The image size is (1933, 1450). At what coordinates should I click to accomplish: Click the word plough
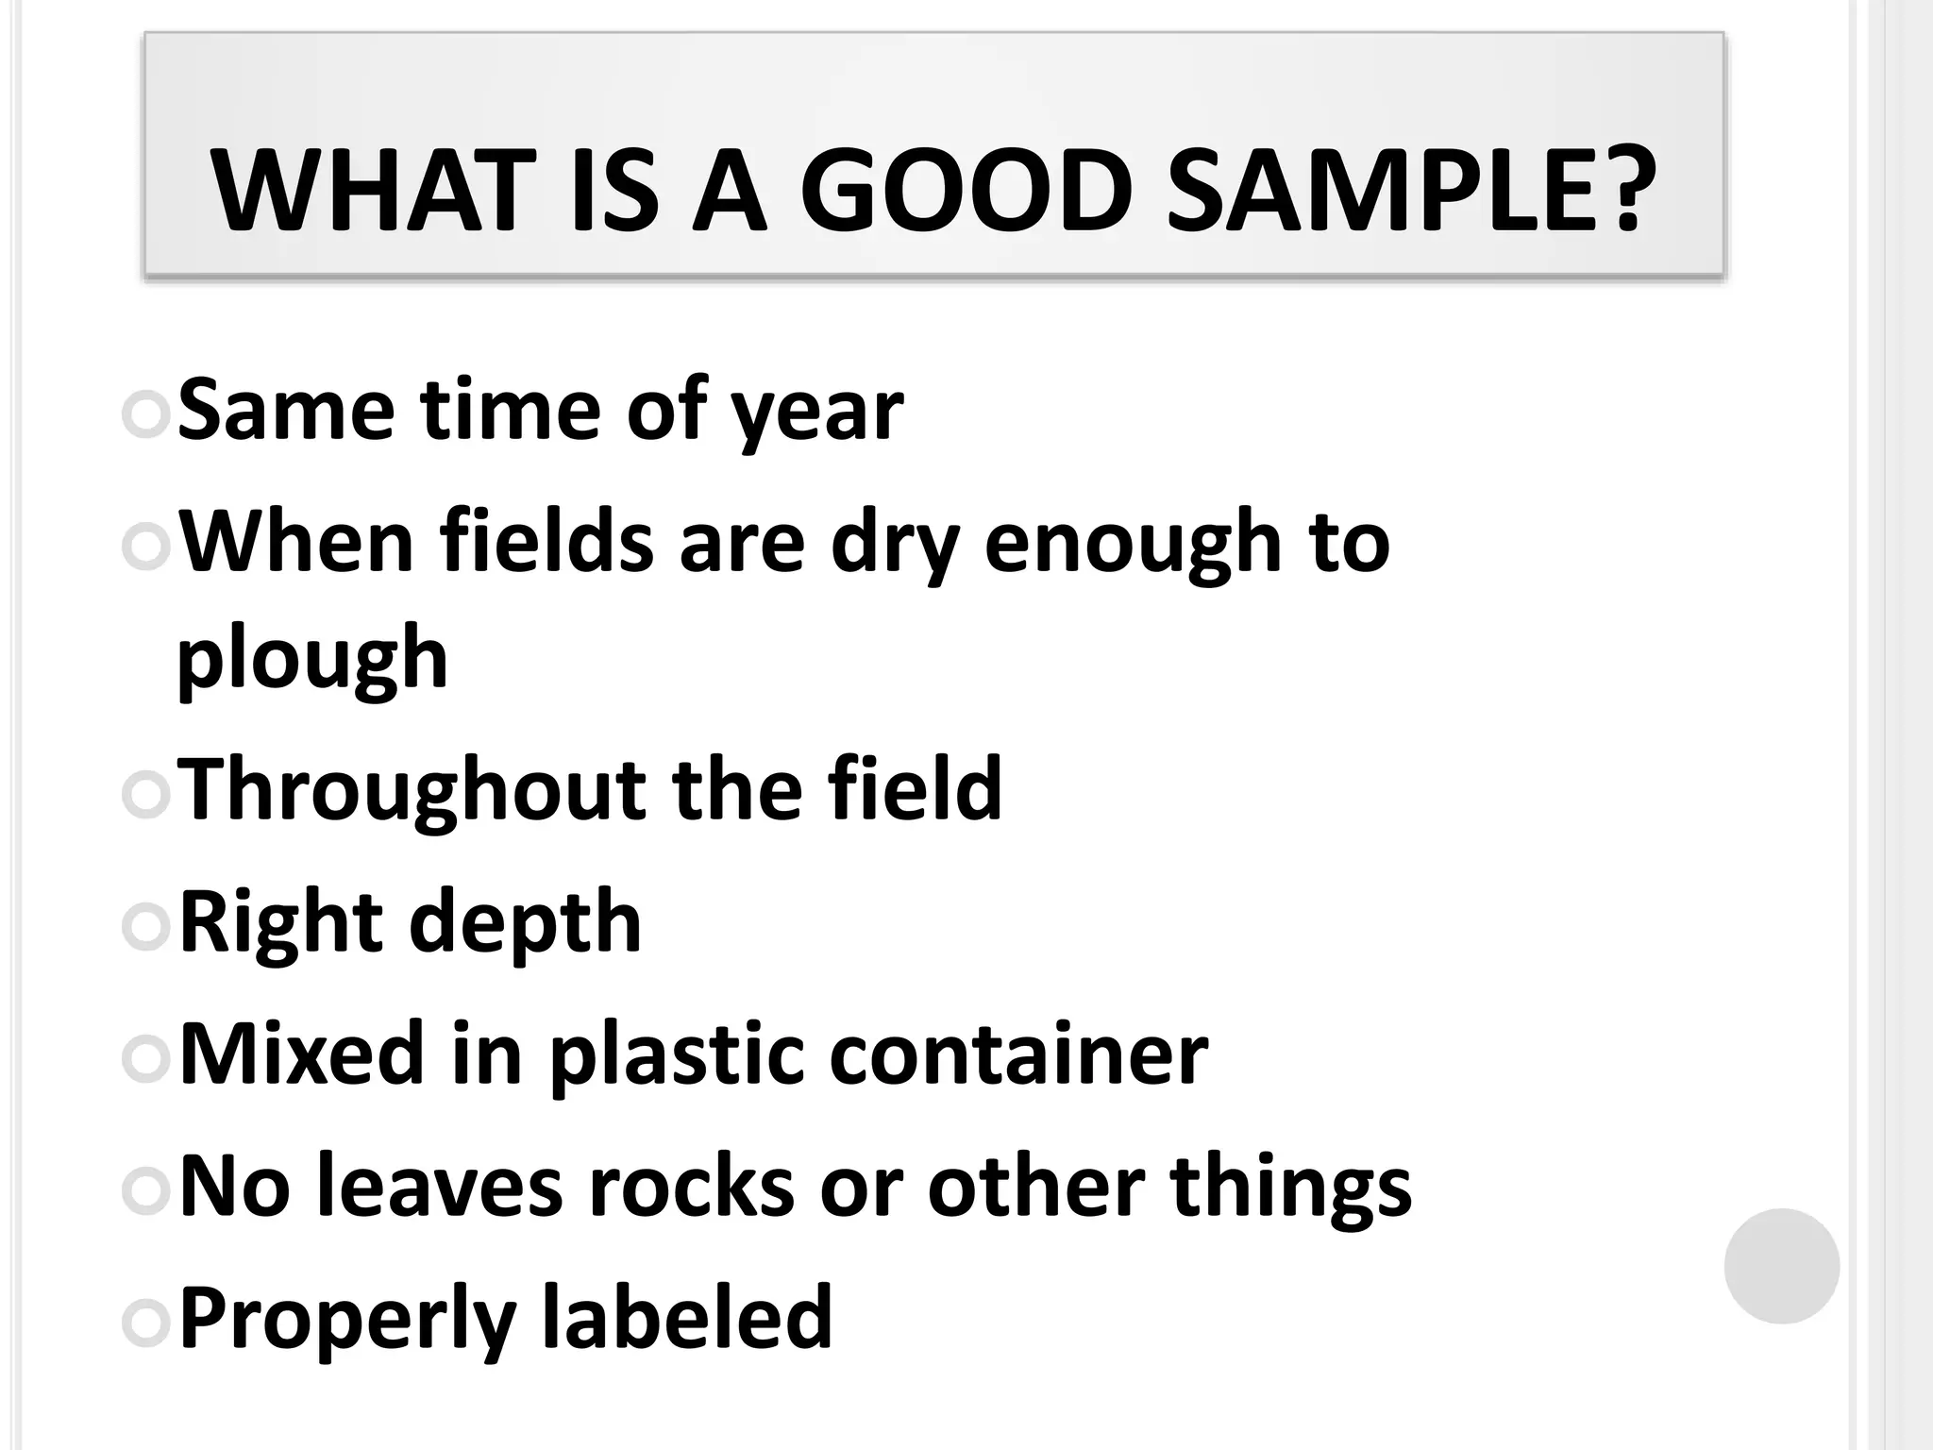pyautogui.click(x=312, y=661)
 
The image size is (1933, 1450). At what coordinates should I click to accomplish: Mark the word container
pyautogui.click(x=1018, y=1054)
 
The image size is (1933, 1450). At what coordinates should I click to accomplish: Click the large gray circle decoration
pyautogui.click(x=1781, y=1266)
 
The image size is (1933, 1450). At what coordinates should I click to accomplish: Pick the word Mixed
pyautogui.click(x=302, y=1054)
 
